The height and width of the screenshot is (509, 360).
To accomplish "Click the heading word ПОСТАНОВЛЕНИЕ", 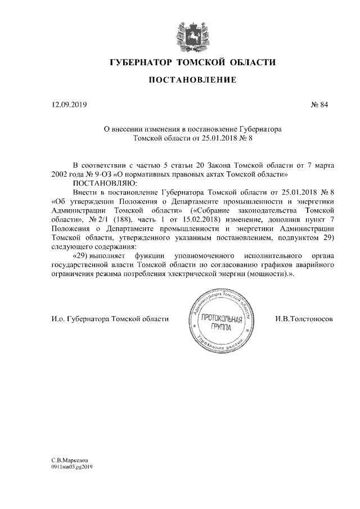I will [184, 80].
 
